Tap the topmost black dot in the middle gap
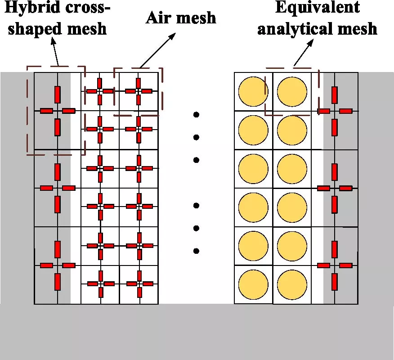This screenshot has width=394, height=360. tap(196, 115)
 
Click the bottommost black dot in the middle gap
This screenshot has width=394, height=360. tap(196, 251)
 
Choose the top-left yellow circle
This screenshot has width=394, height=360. tap(253, 92)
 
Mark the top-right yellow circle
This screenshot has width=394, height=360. tap(292, 92)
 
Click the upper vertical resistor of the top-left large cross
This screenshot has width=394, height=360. tap(58, 94)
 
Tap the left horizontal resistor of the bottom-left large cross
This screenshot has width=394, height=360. tap(47, 265)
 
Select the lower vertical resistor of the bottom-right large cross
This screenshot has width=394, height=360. tap(334, 281)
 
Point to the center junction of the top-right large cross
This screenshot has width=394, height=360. tap(334, 111)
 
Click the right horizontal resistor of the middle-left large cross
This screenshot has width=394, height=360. tap(68, 188)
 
